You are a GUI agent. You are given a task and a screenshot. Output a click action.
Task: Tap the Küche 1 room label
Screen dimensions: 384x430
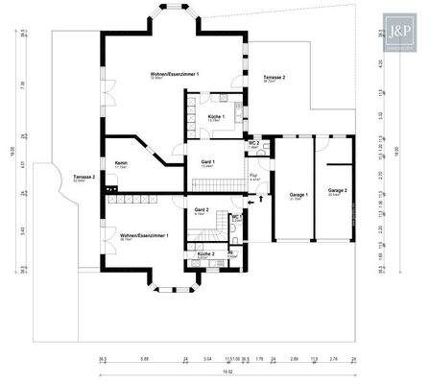(x=217, y=116)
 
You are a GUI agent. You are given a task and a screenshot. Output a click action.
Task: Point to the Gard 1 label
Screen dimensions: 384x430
(x=207, y=161)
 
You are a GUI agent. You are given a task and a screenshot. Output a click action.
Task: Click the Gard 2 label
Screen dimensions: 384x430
(x=202, y=208)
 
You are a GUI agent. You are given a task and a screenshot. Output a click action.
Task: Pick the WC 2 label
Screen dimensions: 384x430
(x=251, y=142)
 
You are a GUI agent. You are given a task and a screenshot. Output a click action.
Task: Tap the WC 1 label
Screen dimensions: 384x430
(x=235, y=217)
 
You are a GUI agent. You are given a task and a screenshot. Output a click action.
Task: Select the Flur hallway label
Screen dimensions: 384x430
(x=252, y=176)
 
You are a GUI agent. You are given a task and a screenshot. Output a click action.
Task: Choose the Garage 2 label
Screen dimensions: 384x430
(x=337, y=190)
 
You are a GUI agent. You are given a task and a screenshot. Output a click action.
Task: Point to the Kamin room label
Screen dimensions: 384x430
(x=121, y=163)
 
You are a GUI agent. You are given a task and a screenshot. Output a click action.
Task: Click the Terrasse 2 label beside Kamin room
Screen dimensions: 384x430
(x=83, y=177)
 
